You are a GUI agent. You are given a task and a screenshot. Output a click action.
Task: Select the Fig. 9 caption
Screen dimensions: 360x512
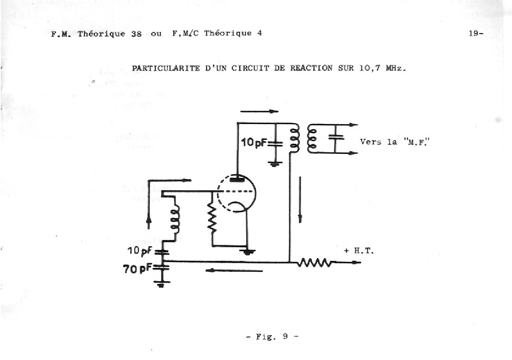pos(272,337)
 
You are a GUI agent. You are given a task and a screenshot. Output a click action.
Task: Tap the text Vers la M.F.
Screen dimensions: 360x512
pos(388,141)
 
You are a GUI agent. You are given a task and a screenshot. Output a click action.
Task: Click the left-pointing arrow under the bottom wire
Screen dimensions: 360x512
pos(234,271)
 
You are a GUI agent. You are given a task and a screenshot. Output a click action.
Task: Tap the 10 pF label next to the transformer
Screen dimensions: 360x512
pos(254,143)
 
